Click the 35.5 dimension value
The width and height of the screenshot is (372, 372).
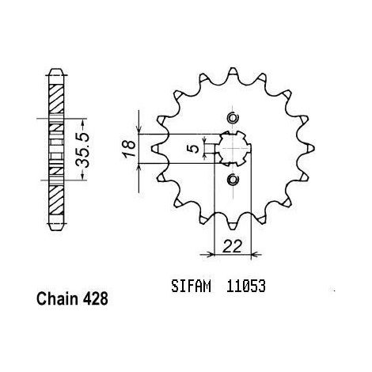point(82,150)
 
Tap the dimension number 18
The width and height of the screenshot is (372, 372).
point(130,149)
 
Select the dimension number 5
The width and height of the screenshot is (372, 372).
point(195,148)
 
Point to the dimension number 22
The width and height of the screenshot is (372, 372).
point(232,247)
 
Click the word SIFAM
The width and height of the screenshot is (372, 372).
point(192,286)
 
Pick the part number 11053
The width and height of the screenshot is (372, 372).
point(245,286)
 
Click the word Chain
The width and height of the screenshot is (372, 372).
point(57,299)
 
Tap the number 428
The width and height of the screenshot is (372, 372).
point(96,299)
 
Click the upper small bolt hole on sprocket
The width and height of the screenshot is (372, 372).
point(233,118)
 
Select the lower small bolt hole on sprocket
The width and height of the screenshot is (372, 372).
point(233,180)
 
